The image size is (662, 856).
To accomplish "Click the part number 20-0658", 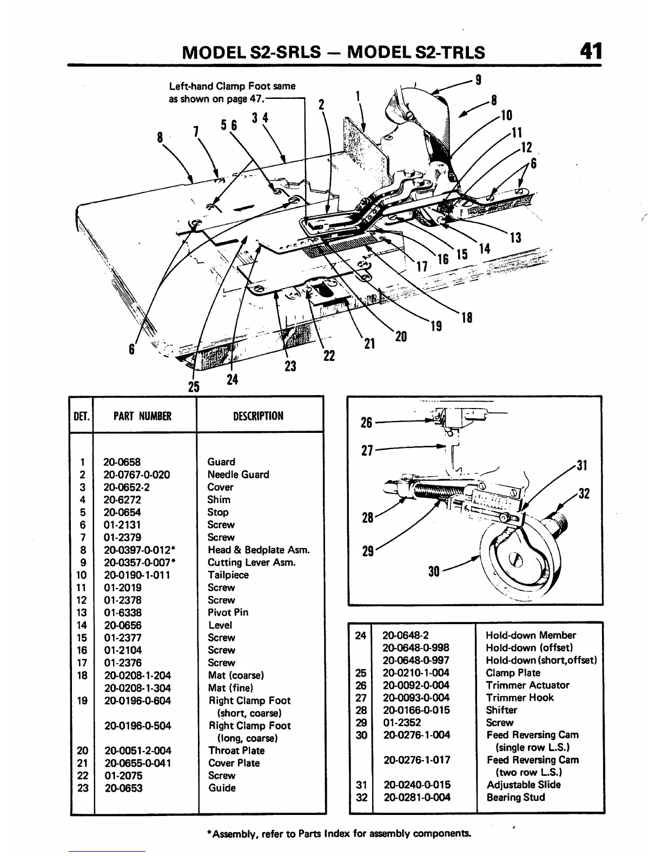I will pyautogui.click(x=122, y=462).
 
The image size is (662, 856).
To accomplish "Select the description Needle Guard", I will pyautogui.click(x=238, y=474).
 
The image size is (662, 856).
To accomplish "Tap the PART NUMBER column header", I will pyautogui.click(x=142, y=416).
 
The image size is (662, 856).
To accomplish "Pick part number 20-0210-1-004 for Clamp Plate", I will pyautogui.click(x=416, y=673).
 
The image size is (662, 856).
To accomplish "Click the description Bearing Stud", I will pyautogui.click(x=515, y=797).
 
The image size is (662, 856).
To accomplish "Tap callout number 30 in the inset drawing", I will pyautogui.click(x=434, y=571).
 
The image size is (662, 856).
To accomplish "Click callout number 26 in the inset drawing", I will pyautogui.click(x=366, y=422).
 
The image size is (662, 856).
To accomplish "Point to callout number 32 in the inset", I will pyautogui.click(x=583, y=493).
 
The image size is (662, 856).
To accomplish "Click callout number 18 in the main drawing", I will pyautogui.click(x=467, y=318).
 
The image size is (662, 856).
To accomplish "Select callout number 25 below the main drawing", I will pyautogui.click(x=194, y=386).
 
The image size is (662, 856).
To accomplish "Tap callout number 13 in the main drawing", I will pyautogui.click(x=515, y=237).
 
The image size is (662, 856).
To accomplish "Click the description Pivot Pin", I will pyautogui.click(x=228, y=612).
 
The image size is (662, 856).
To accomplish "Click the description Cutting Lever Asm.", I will pyautogui.click(x=251, y=562).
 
